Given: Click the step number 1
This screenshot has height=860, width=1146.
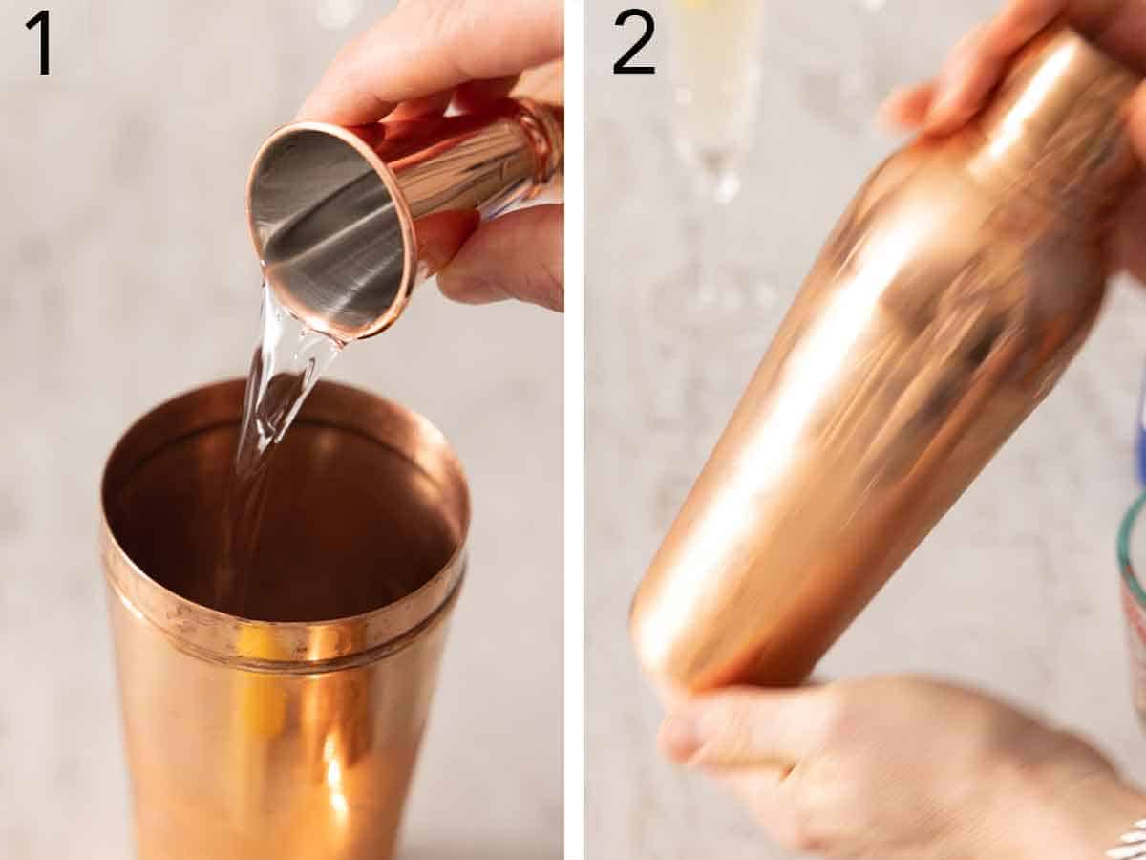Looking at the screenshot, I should click(x=38, y=41).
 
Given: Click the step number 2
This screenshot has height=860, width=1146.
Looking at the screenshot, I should click(x=633, y=41).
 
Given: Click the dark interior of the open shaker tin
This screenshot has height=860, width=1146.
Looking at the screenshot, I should click(x=286, y=516).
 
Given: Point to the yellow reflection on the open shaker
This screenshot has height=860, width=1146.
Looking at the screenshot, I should click(x=258, y=688).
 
